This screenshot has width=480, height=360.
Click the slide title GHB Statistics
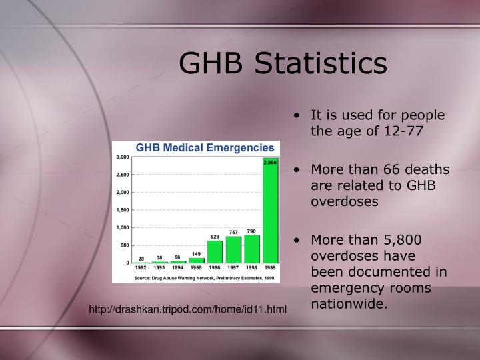coord(283,63)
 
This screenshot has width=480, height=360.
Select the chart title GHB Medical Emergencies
coord(205,147)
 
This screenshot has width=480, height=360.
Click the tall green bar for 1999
coord(270,213)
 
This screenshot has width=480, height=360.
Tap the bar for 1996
coord(215,252)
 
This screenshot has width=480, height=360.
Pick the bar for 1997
coord(233,249)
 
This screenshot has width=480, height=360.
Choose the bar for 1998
coord(251,249)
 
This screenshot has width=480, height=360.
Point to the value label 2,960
coord(270,162)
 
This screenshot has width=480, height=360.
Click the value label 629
coord(215,237)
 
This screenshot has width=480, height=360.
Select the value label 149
coord(197,253)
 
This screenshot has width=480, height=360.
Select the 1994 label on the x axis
coord(178,268)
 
